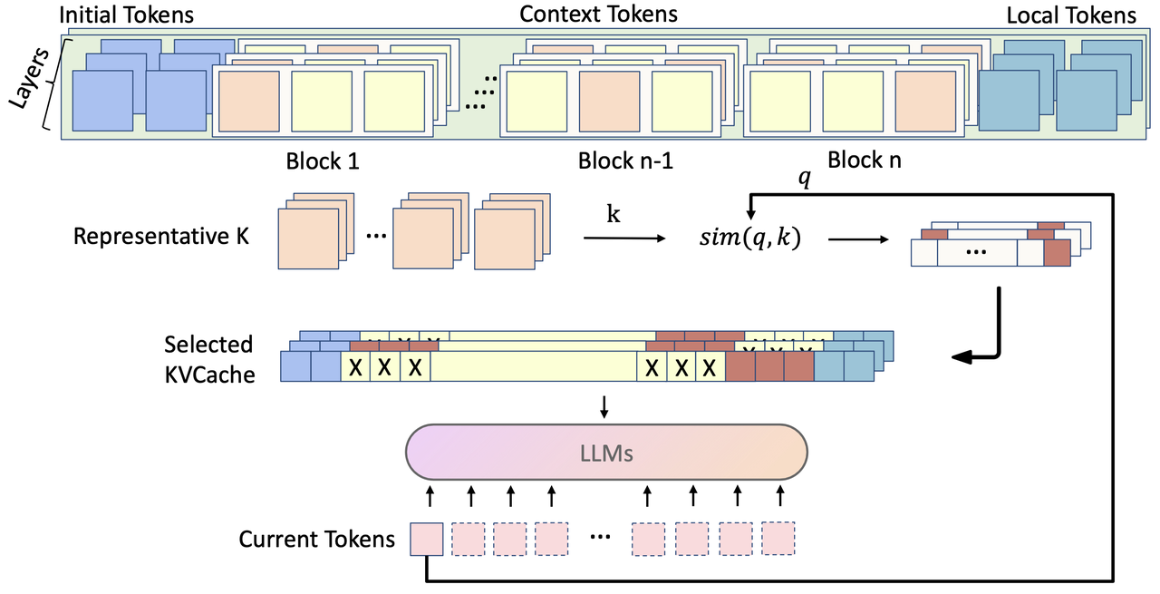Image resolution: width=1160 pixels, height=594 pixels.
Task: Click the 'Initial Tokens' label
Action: click(126, 15)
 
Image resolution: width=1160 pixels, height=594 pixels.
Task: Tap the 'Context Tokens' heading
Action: click(598, 14)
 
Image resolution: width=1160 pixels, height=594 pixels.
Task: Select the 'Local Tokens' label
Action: click(1070, 15)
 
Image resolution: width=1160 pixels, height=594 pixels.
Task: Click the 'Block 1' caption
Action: click(323, 161)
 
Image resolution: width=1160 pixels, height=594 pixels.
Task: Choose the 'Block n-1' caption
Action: click(624, 161)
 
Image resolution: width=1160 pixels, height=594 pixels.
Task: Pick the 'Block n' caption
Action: click(865, 160)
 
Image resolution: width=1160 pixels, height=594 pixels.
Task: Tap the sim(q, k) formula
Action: click(749, 240)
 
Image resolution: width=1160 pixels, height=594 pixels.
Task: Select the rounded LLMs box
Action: click(606, 451)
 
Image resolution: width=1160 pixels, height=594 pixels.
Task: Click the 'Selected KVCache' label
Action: click(208, 359)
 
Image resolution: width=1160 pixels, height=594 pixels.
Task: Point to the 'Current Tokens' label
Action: click(317, 540)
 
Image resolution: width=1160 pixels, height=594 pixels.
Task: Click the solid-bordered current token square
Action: click(427, 539)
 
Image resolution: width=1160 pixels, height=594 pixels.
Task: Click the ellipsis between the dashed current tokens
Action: click(599, 538)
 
